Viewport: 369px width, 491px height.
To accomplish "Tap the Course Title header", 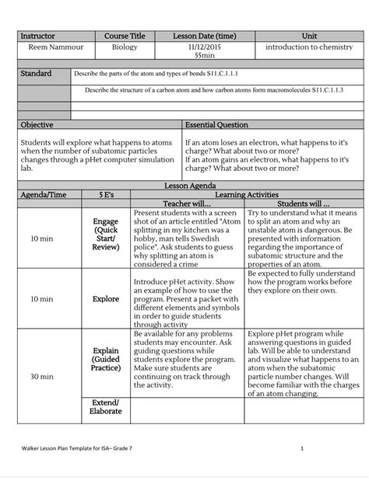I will [125, 37].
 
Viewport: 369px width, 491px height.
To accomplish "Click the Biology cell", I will [125, 47].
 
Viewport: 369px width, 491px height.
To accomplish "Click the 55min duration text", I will [205, 56].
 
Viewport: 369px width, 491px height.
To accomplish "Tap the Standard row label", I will [36, 73].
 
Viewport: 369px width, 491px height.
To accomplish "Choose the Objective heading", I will [37, 124].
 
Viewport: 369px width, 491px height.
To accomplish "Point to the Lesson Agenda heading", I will [184, 187].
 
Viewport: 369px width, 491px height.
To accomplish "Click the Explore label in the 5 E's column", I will [106, 298].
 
